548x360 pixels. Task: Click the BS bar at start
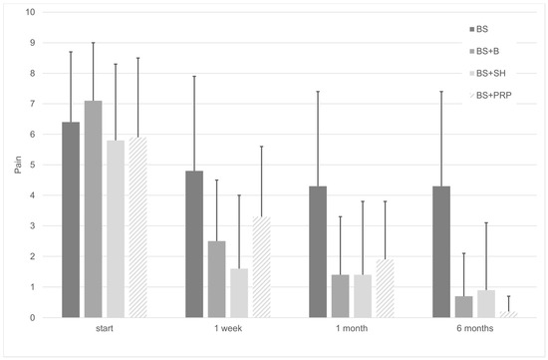pos(71,219)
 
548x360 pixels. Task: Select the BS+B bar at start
pos(93,209)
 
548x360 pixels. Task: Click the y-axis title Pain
pos(17,165)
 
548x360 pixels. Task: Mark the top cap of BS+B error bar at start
pos(93,43)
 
